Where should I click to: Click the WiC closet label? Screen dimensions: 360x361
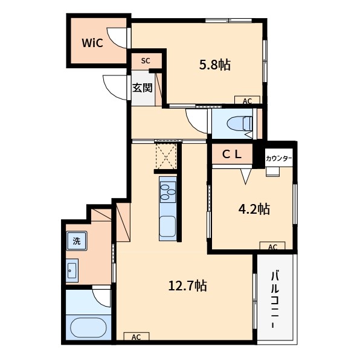point(92,43)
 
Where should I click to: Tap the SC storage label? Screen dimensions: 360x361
point(146,61)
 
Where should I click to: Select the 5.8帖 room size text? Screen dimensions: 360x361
point(214,65)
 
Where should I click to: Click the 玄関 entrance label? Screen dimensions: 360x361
point(143,88)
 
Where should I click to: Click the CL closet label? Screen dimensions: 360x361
point(232,154)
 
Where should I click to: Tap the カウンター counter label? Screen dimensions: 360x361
point(278,158)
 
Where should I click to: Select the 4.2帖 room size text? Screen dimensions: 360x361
point(254,209)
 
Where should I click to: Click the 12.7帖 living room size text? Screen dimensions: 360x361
point(188,286)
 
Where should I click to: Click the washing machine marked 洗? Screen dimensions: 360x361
point(77,241)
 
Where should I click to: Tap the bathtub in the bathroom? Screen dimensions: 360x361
point(88,328)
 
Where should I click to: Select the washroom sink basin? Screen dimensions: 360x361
point(72,270)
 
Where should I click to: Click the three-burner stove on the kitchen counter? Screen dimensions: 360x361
point(168,192)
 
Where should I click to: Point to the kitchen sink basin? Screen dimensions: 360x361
point(168,226)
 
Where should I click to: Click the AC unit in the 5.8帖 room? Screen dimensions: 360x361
point(248,100)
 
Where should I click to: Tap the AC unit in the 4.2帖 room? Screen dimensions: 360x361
point(272,246)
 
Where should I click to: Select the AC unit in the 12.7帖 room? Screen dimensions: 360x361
point(137,336)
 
